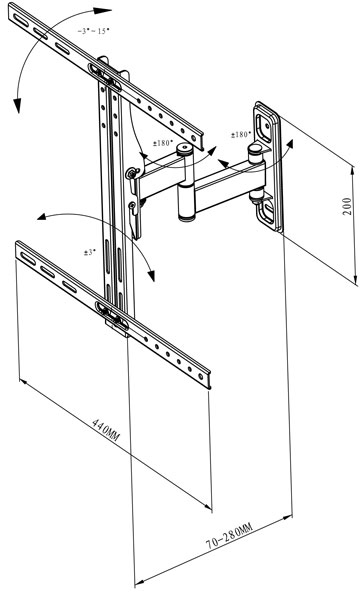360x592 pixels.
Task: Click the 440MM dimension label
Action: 106,430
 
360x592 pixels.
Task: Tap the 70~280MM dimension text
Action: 229,536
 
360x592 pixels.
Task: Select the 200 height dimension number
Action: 347,206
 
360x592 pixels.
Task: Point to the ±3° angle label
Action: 90,252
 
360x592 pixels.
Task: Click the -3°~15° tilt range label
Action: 93,31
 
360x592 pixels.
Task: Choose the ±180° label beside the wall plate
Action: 241,134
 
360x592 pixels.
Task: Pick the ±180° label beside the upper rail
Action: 163,143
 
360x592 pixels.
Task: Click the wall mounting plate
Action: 268,166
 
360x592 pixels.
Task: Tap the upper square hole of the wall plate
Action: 263,125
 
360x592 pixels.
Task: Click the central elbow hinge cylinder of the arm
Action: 186,202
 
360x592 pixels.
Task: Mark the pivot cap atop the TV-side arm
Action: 185,150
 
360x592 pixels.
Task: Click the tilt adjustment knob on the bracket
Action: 132,173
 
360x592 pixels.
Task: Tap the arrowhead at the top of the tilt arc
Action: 102,10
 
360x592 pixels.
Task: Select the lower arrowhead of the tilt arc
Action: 17,106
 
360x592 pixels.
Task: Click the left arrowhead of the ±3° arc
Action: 42,217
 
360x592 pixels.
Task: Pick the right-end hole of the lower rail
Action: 201,376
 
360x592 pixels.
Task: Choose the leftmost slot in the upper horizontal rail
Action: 21,21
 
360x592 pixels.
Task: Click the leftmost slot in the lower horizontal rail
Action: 28,259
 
